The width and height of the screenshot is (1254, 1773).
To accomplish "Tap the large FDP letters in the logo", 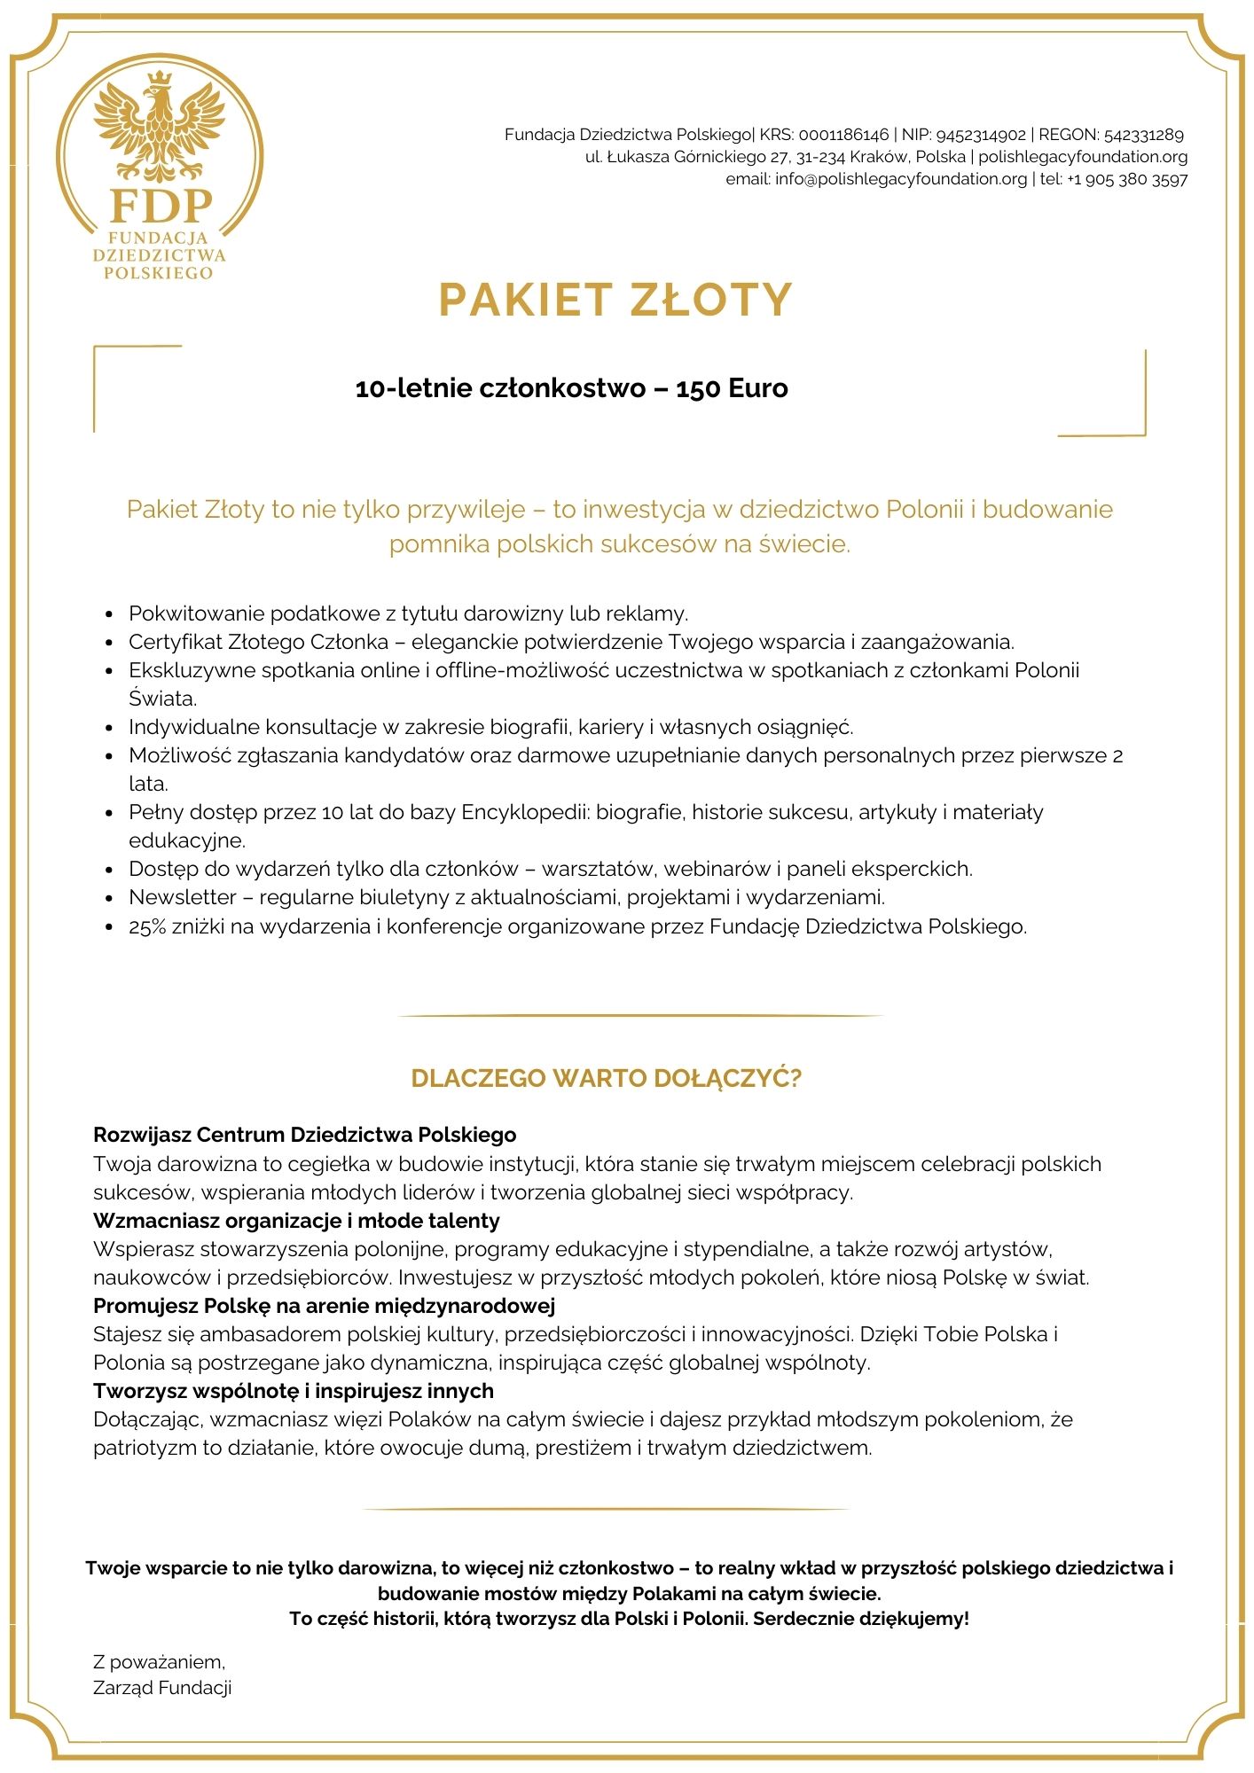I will pos(161,206).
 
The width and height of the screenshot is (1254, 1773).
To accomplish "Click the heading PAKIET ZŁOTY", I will pos(615,300).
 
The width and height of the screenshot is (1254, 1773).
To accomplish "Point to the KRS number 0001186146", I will pos(843,135).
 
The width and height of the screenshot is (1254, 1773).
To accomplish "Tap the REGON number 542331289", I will pos(1143,135).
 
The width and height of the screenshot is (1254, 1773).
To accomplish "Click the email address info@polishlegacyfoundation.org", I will pos(900,179).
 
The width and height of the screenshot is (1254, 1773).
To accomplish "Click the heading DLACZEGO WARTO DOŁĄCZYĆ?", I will pos(606,1078).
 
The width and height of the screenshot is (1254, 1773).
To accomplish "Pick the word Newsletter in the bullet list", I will pos(183,897).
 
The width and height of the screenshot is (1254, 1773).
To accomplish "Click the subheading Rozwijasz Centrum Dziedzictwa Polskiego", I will pos(304,1135).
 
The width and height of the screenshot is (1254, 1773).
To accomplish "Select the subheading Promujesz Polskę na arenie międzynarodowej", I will pos(324,1306).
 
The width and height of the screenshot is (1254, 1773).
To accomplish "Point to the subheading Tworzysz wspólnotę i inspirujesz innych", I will pos(293,1391).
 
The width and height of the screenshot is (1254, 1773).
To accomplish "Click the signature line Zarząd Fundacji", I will pos(162,1688).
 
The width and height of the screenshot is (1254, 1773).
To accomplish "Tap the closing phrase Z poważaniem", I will pos(159,1662).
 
